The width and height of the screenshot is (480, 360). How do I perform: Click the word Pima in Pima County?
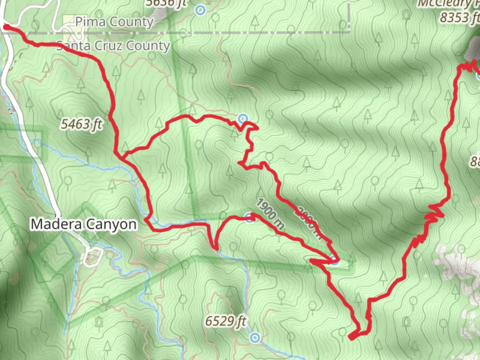click(x=90, y=22)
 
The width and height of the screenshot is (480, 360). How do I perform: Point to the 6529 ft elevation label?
click(x=226, y=321)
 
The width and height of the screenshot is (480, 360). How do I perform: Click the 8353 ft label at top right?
click(x=459, y=17)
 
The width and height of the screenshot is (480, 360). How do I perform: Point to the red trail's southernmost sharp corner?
click(x=351, y=338)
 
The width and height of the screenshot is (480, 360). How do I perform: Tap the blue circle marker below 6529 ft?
click(x=255, y=338)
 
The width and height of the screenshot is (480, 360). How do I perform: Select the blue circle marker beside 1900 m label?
click(x=250, y=218)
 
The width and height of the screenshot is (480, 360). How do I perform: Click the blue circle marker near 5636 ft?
click(x=200, y=10)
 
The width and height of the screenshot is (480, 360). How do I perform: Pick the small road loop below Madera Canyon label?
click(x=91, y=257)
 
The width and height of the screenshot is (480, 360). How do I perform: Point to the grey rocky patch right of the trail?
click(x=457, y=263)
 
